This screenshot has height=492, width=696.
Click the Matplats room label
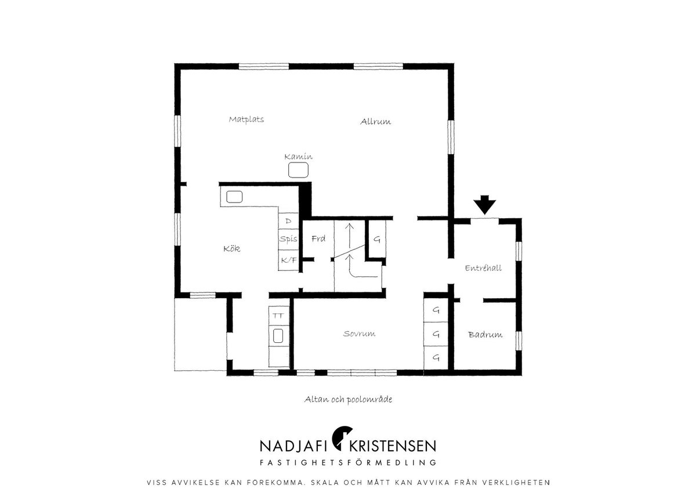246,120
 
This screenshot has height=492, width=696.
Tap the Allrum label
375,121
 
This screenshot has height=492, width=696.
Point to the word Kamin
298,156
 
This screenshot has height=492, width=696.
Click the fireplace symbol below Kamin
298,170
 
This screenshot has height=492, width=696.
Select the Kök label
232,249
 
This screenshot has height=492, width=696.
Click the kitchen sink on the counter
234,197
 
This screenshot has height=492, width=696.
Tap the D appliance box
288,221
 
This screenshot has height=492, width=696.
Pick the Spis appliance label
288,239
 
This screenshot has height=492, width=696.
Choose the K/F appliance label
289,260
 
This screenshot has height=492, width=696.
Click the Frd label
318,238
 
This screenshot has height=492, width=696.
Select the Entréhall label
483,268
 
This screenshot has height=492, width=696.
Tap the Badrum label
485,334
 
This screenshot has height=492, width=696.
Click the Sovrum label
359,334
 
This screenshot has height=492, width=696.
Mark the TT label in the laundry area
278,316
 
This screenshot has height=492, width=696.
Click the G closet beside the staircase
377,239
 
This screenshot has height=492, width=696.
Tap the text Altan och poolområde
348,399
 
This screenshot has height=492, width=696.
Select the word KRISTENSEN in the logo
393,446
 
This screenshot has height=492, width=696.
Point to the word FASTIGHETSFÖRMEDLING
348,462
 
